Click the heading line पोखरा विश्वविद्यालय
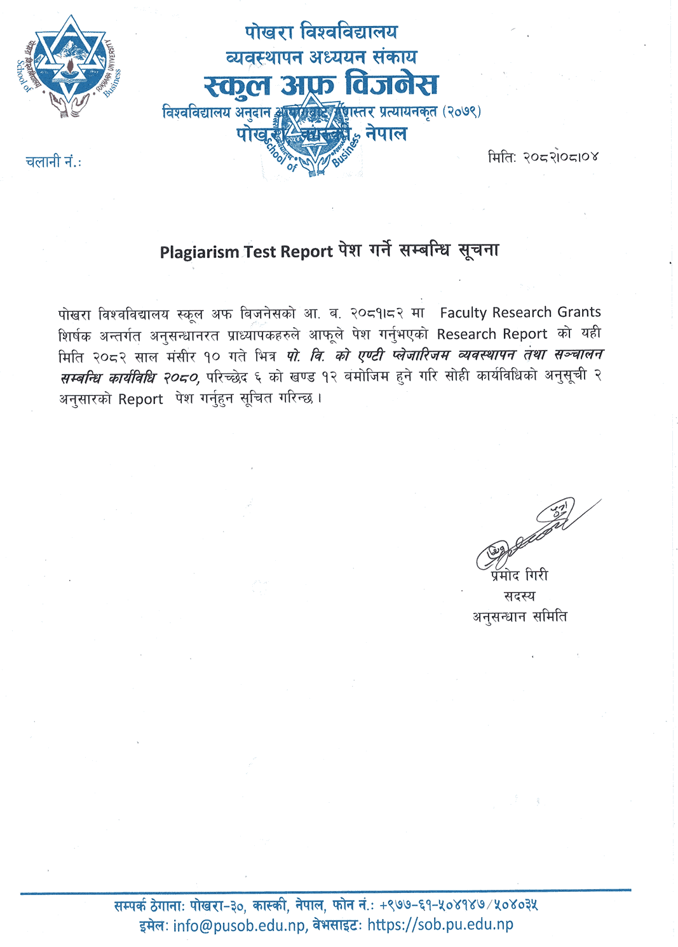(x=322, y=32)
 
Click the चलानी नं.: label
(x=53, y=162)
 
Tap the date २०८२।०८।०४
(x=560, y=157)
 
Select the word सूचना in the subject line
(x=478, y=250)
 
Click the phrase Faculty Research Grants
(x=520, y=312)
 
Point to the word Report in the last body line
(x=140, y=400)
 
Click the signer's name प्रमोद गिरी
(x=519, y=575)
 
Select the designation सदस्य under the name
(x=519, y=596)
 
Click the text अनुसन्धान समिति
(x=519, y=617)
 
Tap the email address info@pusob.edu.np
(x=240, y=926)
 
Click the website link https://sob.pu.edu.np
(x=440, y=925)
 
